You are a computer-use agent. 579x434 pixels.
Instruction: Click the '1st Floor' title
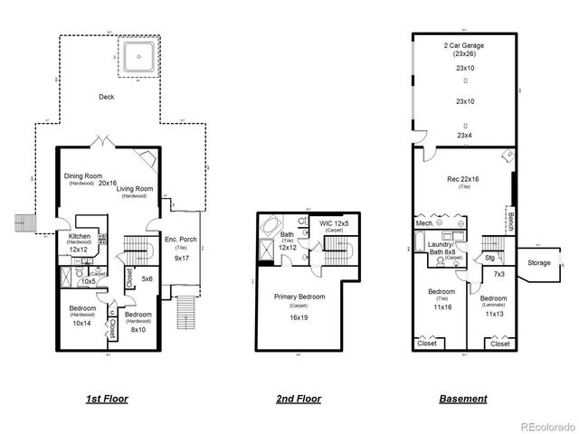[106, 398]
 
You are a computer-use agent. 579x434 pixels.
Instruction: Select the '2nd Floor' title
[298, 398]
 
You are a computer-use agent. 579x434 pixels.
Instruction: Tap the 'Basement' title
[462, 398]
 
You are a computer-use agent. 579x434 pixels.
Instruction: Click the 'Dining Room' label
[82, 176]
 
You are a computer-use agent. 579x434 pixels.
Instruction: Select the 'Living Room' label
[134, 188]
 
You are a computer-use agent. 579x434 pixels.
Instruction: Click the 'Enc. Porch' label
[181, 239]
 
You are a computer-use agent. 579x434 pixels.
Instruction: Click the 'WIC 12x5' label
[334, 222]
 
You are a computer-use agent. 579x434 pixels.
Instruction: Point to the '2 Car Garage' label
[464, 45]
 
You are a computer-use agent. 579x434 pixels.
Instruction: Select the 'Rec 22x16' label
[464, 178]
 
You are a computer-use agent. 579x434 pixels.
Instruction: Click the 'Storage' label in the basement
[538, 263]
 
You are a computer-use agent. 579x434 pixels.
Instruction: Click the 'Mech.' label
[423, 222]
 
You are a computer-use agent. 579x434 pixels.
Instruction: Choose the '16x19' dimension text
[299, 318]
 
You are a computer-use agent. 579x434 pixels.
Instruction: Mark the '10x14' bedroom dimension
[81, 323]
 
